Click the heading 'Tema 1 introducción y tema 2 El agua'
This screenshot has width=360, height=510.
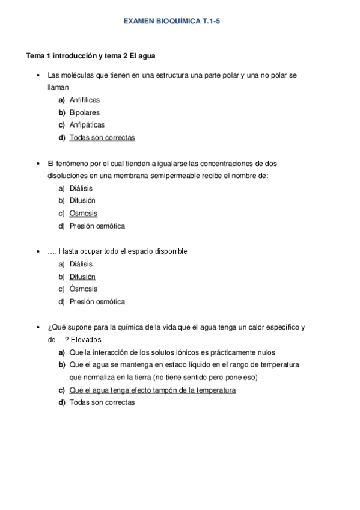tap(91, 56)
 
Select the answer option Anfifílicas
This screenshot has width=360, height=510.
tap(85, 100)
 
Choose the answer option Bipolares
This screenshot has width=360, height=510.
tap(84, 112)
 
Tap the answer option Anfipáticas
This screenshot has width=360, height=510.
tap(87, 125)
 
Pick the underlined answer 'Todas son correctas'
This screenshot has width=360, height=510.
tap(102, 138)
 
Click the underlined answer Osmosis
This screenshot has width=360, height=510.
tap(83, 214)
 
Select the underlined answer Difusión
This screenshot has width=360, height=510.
tap(82, 277)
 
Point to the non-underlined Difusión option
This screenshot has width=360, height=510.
tap(82, 201)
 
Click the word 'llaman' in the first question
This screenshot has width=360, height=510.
tap(58, 87)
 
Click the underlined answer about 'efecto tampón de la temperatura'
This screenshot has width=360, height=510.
tap(153, 390)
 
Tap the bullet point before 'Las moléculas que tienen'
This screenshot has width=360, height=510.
tap(38, 76)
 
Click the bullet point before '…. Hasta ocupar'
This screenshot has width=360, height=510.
tap(38, 251)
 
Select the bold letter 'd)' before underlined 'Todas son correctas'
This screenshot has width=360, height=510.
tap(62, 138)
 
